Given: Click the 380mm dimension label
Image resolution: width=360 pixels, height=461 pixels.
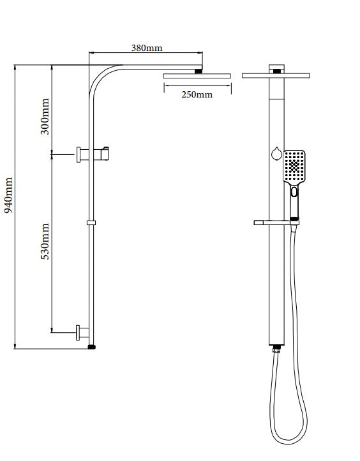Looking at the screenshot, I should pyautogui.click(x=147, y=48).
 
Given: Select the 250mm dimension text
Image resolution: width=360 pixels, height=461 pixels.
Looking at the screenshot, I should pyautogui.click(x=196, y=94).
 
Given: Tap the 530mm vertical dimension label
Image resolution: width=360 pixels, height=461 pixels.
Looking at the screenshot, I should pyautogui.click(x=45, y=245).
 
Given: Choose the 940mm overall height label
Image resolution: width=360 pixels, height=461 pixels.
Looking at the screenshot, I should pyautogui.click(x=8, y=195).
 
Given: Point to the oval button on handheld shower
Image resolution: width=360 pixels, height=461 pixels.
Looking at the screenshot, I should pyautogui.click(x=294, y=191).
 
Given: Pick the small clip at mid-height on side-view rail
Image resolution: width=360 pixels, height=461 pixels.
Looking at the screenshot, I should pyautogui.click(x=91, y=223).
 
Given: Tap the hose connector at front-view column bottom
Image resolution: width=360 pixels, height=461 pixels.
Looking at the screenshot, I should pyautogui.click(x=276, y=349).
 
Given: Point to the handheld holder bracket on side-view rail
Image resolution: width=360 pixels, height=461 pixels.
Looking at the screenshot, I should pyautogui.click(x=103, y=153).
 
